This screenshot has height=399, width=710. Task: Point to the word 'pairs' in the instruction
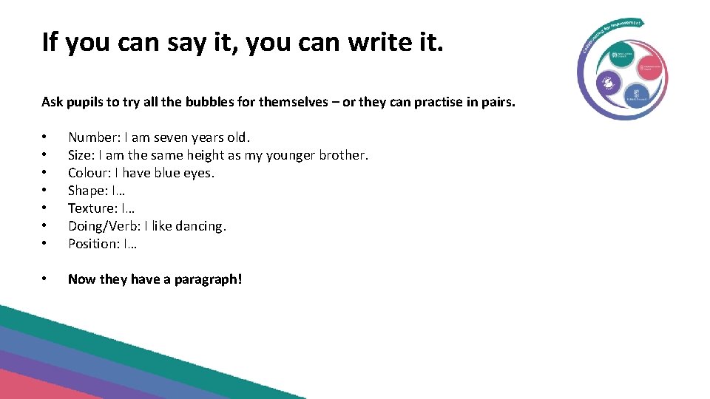496,102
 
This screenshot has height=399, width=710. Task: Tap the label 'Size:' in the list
81,155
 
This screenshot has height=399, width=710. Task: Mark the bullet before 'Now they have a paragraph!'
45,279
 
